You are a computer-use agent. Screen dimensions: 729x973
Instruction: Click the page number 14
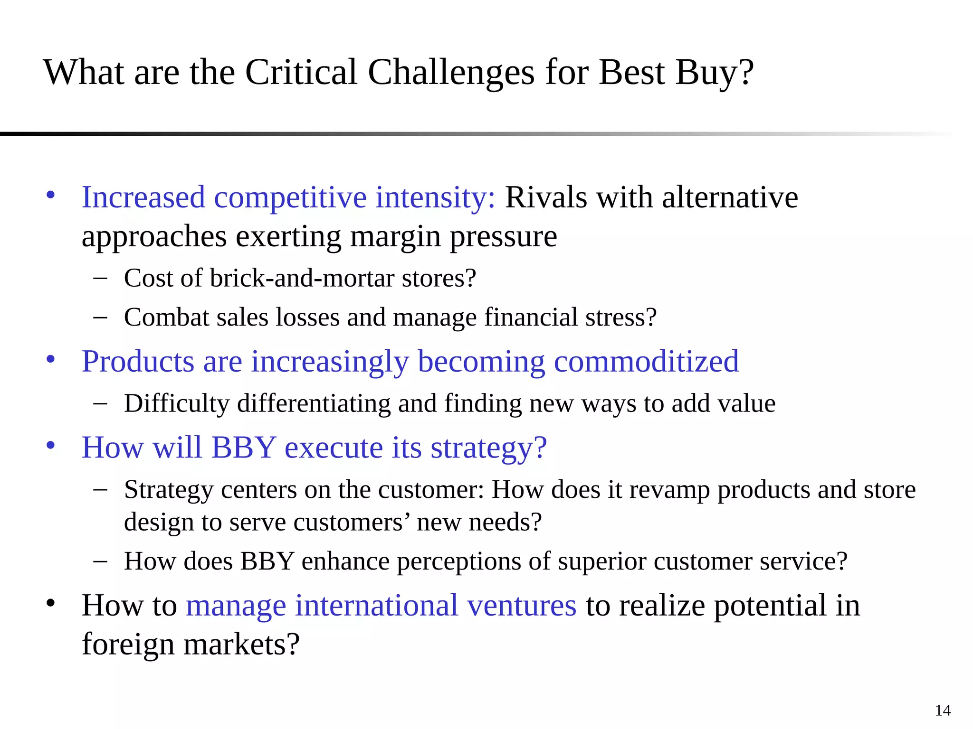tap(943, 710)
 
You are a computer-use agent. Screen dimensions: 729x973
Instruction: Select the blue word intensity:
tap(435, 197)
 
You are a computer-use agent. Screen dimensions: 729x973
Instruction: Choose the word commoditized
tap(646, 361)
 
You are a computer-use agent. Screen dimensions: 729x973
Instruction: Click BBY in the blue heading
tap(244, 447)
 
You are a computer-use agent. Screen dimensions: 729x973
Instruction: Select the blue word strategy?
tap(488, 448)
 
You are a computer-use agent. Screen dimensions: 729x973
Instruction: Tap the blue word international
tap(376, 606)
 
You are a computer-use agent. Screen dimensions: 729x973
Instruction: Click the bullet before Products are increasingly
tap(51, 359)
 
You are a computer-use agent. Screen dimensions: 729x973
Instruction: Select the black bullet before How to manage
tap(51, 603)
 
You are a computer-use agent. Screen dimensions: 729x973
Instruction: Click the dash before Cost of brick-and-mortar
tap(100, 279)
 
